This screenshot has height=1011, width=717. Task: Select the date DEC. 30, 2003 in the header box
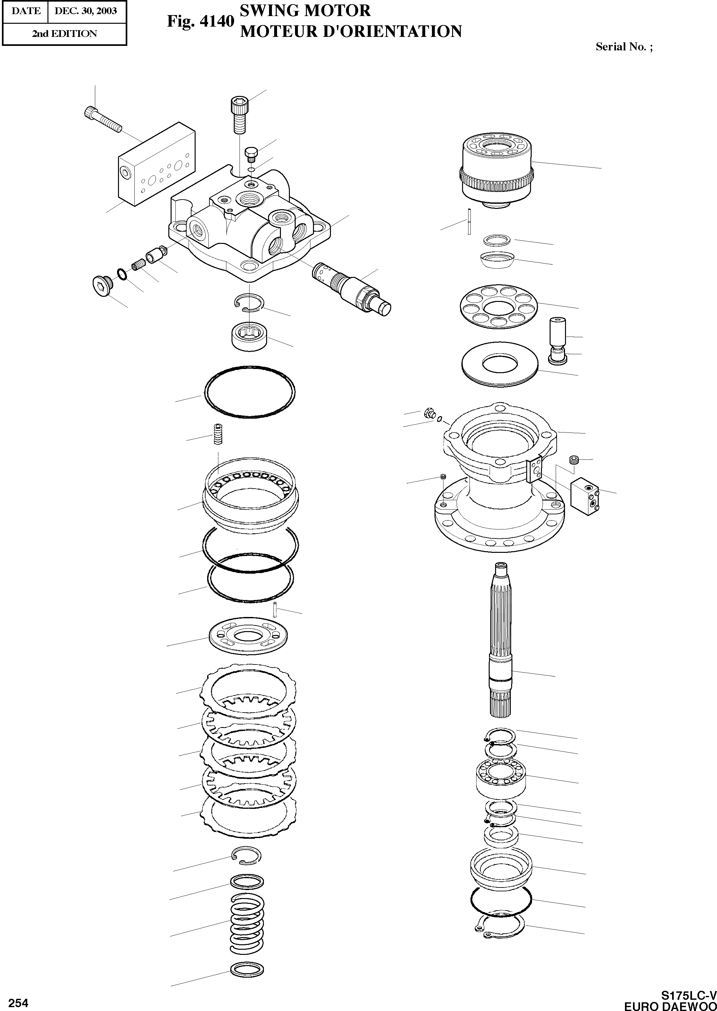pos(86,11)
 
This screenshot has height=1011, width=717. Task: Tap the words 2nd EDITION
pos(64,34)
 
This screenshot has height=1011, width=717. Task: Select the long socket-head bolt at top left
pos(102,119)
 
